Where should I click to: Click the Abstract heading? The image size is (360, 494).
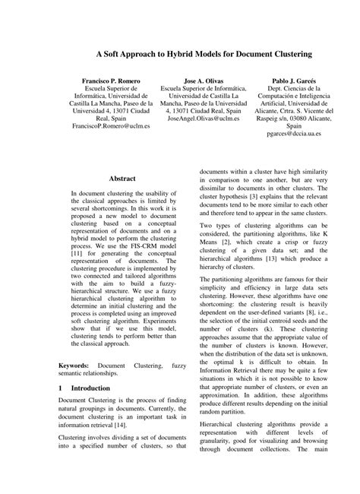click(122, 177)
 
